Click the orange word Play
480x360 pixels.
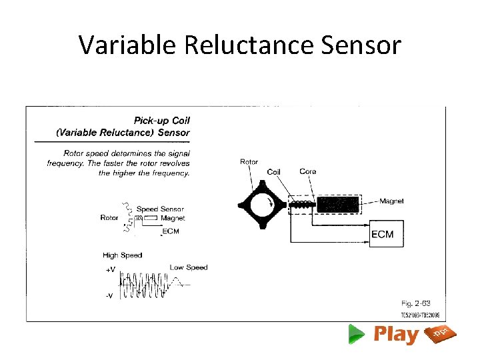tap(396, 334)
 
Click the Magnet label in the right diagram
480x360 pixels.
tap(391, 201)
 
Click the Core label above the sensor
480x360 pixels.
tap(307, 171)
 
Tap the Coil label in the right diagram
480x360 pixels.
tap(273, 172)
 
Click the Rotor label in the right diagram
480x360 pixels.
tap(249, 161)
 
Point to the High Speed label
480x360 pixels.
tap(122, 255)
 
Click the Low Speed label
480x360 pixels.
tap(189, 267)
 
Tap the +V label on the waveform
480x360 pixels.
tap(110, 270)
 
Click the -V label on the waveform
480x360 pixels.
tap(109, 296)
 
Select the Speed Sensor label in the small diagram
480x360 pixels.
tap(160, 209)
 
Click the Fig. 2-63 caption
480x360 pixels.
tap(416, 303)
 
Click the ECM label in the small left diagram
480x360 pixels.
tap(171, 231)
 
